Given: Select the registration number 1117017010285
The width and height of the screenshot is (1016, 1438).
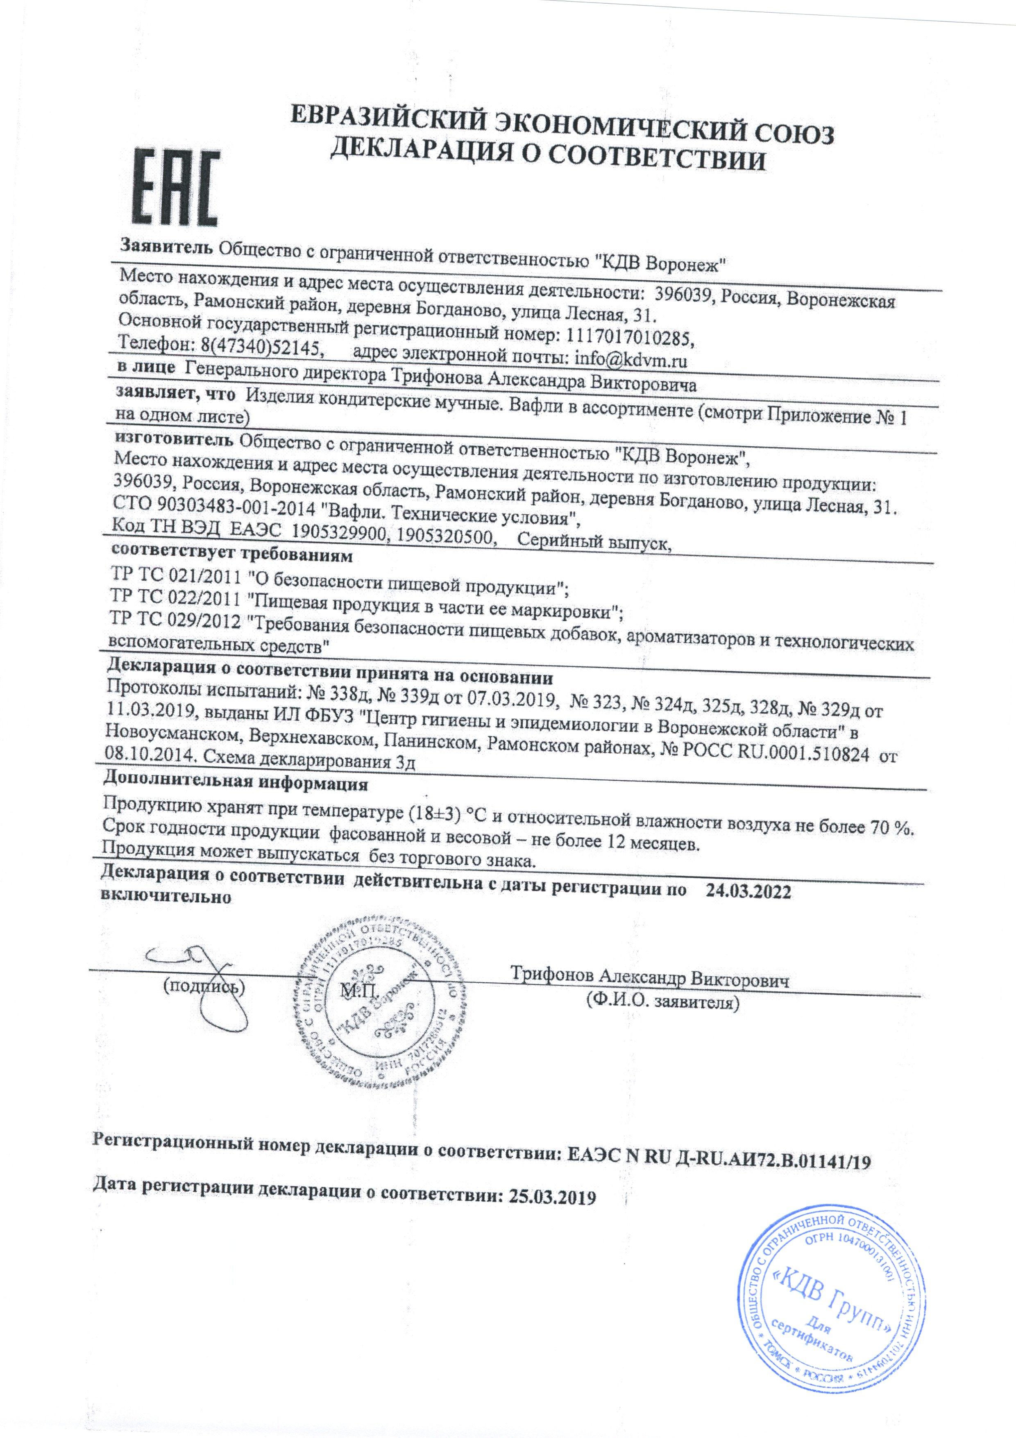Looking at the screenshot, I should (x=630, y=338).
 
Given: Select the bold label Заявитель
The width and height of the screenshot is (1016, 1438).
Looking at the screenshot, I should (x=167, y=261).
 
